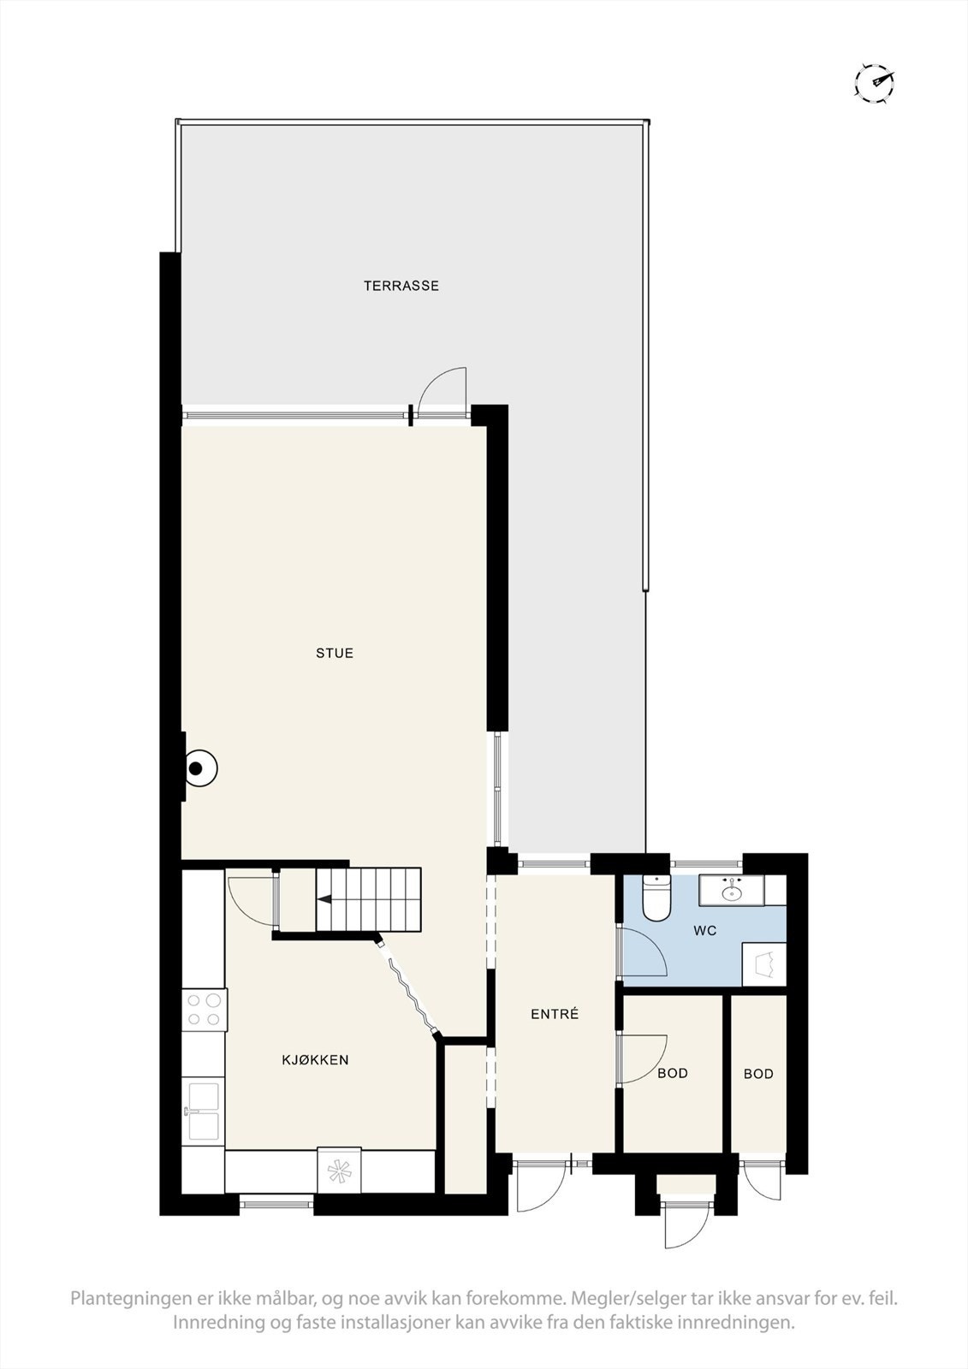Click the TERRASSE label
point(401,286)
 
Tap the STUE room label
point(335,653)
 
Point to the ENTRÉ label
point(555,1014)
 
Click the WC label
point(705,931)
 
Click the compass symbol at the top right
point(875,82)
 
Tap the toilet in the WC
point(656,898)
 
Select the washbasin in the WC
point(732,892)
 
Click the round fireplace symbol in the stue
point(198,768)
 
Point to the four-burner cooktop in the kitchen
point(204,1008)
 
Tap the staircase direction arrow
point(324,899)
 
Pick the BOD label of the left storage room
point(673,1073)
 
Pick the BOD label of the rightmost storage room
point(758,1073)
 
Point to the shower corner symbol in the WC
point(764,965)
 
